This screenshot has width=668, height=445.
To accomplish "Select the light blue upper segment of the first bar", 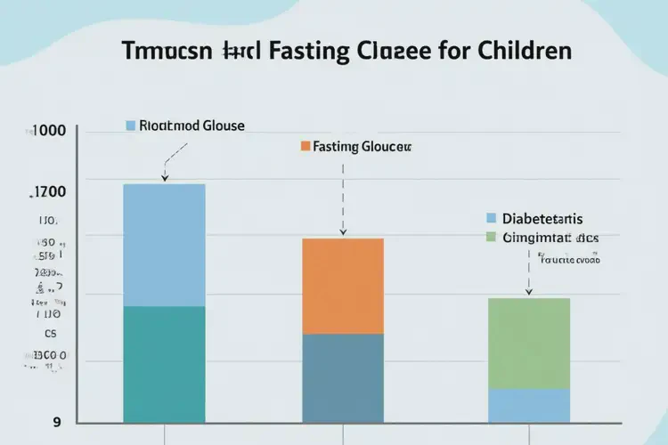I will click(164, 245).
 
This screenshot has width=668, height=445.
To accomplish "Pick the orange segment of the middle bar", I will click(343, 286).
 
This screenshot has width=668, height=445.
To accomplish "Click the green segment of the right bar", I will click(529, 343).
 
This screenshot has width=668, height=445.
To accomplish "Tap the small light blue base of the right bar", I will click(529, 405).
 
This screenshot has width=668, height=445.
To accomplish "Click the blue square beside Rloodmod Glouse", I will click(131, 125).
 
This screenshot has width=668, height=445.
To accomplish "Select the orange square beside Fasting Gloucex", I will click(305, 145).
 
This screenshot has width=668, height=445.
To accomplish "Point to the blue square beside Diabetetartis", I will click(491, 218).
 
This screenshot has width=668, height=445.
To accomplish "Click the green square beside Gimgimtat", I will click(491, 238).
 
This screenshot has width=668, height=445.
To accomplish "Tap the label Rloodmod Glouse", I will click(191, 125).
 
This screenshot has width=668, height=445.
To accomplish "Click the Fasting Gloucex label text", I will click(363, 145).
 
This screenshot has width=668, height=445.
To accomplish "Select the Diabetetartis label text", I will click(542, 218).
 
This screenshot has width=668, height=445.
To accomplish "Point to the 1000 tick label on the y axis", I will click(48, 130).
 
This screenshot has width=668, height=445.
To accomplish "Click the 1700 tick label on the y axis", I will click(48, 190).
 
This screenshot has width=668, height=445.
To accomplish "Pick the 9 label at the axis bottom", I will click(57, 422).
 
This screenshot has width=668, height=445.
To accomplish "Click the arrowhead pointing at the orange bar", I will click(343, 234).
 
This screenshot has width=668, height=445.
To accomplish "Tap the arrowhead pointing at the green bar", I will click(529, 293).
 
